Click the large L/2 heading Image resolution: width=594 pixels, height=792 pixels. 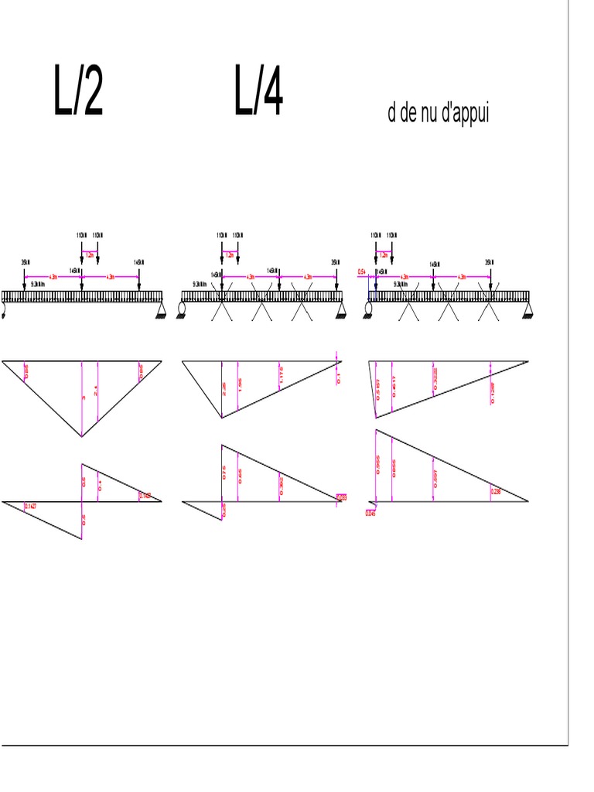click(78, 91)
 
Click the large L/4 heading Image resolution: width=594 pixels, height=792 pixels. click(259, 91)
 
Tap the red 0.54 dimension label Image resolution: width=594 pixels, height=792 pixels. click(361, 272)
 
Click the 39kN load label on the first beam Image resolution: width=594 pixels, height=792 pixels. click(25, 263)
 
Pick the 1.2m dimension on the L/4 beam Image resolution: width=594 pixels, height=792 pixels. click(230, 254)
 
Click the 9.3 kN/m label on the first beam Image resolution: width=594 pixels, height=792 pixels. click(37, 284)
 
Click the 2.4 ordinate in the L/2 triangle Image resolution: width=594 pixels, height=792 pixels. click(96, 392)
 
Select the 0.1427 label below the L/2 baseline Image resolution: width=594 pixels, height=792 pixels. click(30, 507)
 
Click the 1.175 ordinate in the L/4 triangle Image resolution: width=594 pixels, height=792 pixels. click(281, 376)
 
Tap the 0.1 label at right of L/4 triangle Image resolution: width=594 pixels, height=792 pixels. click(338, 377)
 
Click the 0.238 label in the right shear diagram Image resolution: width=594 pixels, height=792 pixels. click(496, 491)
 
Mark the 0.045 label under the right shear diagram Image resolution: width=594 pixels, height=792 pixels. click(370, 512)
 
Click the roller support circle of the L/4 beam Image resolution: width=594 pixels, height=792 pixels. click(182, 309)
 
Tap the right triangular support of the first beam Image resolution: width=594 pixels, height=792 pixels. click(161, 310)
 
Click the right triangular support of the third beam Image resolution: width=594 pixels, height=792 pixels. click(528, 310)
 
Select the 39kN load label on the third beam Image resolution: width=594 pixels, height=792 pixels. click(489, 263)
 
